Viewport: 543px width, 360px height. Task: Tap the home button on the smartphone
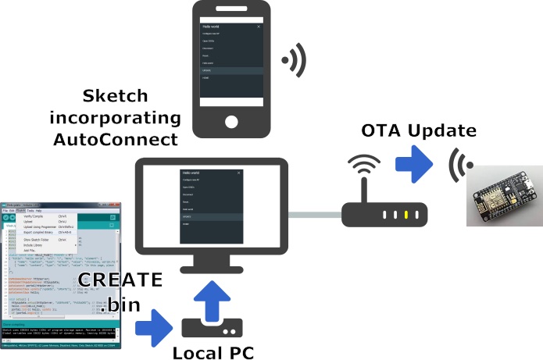click(x=231, y=122)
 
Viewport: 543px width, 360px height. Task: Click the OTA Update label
click(x=418, y=130)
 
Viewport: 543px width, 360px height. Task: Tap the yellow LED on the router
click(x=405, y=214)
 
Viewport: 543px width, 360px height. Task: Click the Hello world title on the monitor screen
click(x=191, y=172)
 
